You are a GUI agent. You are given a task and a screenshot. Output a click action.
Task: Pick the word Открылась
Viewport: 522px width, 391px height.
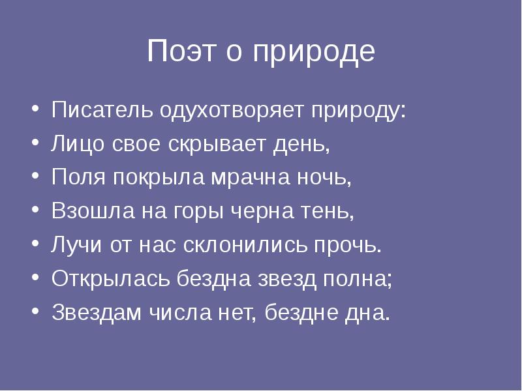click(x=110, y=279)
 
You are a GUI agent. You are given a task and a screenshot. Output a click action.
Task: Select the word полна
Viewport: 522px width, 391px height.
click(x=356, y=279)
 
